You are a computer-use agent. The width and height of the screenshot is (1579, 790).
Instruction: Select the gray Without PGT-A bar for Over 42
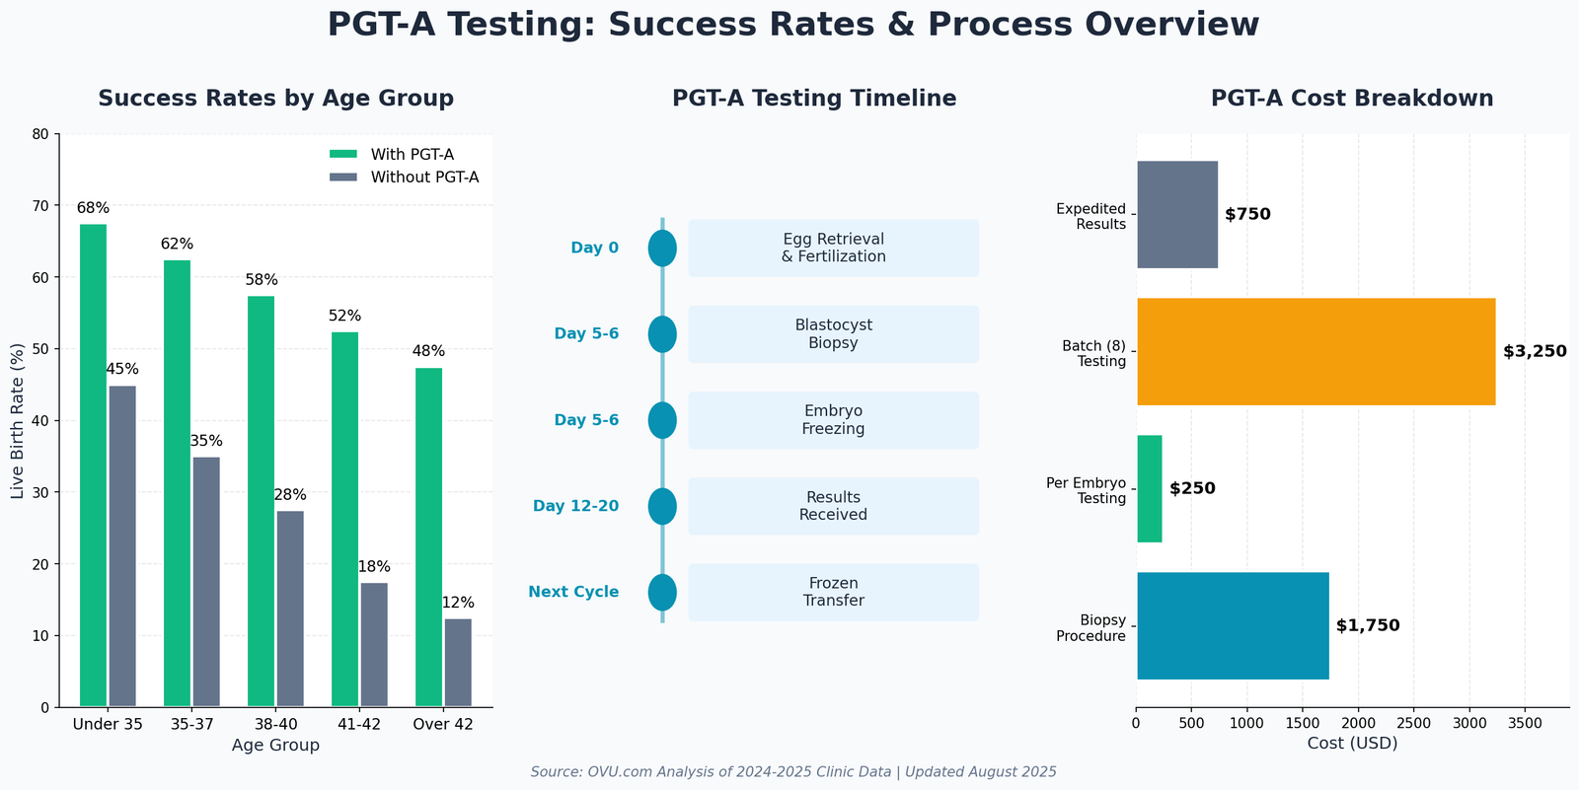coord(458,663)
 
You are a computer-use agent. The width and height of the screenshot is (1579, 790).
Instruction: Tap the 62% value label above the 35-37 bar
coord(178,244)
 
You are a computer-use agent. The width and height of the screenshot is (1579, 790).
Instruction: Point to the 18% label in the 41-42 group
coord(374,567)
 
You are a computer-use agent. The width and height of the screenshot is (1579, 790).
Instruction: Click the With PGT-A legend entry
coord(391,154)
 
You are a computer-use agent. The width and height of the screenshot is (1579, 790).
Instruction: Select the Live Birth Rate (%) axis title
coord(18,421)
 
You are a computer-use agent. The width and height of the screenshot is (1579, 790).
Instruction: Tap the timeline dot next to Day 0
coord(662,249)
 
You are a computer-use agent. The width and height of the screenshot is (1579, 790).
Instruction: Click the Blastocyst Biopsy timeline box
coord(833,334)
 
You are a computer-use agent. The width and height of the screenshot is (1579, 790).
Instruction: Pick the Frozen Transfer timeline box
coord(833,593)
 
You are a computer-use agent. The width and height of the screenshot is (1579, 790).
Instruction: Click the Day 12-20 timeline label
coord(575,506)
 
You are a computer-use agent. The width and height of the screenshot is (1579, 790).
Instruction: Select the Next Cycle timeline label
coord(573,592)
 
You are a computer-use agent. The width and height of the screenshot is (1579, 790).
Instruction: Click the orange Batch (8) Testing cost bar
coord(1316,351)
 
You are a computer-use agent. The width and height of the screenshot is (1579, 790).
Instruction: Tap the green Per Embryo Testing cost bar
coord(1150,488)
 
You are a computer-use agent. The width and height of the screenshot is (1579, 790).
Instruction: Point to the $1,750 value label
coord(1368,625)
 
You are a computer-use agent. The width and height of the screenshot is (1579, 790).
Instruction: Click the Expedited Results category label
coord(1090,216)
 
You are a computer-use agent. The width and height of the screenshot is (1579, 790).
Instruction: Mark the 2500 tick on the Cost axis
coord(1413,723)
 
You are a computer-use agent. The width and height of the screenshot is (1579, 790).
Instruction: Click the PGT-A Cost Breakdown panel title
coord(1352,99)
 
